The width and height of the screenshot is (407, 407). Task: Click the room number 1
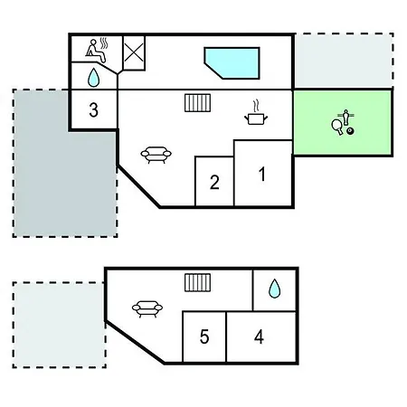262,174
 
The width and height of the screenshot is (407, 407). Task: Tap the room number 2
214,182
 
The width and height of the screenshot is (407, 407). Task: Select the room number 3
94,109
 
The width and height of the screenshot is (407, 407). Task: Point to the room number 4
259,336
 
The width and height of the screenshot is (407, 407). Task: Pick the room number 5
204,336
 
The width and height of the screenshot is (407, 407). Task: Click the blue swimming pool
232,62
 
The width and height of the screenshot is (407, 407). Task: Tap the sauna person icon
96,51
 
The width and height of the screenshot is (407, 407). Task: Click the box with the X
134,53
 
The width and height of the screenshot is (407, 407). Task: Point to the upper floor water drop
93,78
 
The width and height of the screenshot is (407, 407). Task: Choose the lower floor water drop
274,289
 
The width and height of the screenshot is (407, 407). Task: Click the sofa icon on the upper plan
156,155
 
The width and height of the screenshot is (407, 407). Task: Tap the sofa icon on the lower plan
147,308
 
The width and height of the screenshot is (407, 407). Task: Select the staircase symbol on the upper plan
197,103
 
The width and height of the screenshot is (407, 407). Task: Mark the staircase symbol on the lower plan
197,283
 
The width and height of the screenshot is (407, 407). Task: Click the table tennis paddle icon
337,127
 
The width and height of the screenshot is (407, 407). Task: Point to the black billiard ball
350,131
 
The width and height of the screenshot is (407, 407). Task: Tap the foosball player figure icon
345,117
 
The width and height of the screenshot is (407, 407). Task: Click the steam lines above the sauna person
104,43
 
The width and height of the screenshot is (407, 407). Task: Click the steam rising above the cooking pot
256,106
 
